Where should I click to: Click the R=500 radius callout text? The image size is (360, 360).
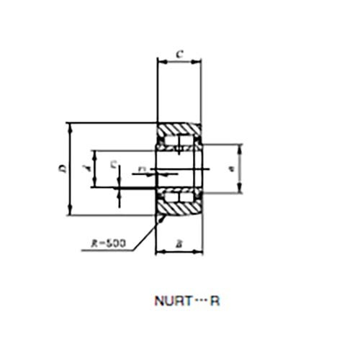[109, 243]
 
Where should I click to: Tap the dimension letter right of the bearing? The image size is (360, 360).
[230, 169]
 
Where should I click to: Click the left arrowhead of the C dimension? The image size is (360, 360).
[161, 62]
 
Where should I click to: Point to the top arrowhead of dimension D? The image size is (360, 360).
[70, 126]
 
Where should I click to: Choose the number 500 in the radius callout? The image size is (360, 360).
[115, 243]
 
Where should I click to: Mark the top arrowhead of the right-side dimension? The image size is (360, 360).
[239, 148]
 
